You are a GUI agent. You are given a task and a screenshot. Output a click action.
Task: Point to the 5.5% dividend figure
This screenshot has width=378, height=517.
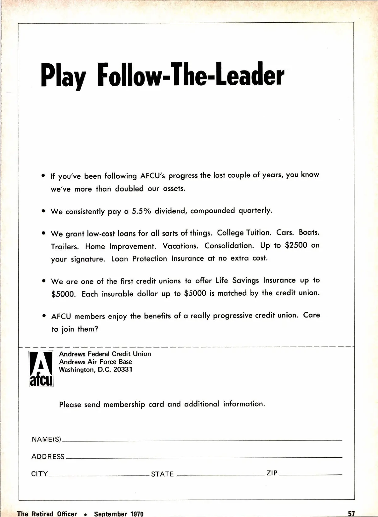pyautogui.click(x=141, y=211)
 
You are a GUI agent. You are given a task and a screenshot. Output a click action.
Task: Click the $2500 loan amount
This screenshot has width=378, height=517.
pyautogui.click(x=296, y=245)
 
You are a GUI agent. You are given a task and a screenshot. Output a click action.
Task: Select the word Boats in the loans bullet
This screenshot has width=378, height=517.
pyautogui.click(x=309, y=232)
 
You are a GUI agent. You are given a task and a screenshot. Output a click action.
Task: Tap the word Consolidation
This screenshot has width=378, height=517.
pyautogui.click(x=229, y=246)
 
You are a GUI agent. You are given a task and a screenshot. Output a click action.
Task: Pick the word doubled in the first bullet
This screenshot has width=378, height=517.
pyautogui.click(x=129, y=189)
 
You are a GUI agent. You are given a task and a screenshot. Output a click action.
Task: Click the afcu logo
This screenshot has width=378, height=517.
pyautogui.click(x=41, y=369)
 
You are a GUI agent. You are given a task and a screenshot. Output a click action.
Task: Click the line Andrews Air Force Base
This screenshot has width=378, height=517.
pyautogui.click(x=95, y=362)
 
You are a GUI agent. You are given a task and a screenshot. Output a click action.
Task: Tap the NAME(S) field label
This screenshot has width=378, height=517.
pyautogui.click(x=46, y=439)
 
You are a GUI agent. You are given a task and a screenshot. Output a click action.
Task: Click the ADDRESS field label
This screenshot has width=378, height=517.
pyautogui.click(x=48, y=457)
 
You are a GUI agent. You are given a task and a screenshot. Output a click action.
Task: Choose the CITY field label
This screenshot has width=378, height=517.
pyautogui.click(x=39, y=474)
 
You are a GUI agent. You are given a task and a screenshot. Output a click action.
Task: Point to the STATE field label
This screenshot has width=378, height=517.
pyautogui.click(x=162, y=474)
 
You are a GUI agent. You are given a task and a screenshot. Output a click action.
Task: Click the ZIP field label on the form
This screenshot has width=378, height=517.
pyautogui.click(x=272, y=473)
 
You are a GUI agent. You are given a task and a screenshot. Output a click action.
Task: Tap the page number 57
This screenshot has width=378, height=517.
pyautogui.click(x=352, y=514)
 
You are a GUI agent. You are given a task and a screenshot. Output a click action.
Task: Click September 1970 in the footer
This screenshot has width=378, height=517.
pyautogui.click(x=119, y=514)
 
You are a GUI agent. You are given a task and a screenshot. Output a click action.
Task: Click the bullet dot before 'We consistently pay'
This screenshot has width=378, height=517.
pyautogui.click(x=44, y=212)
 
